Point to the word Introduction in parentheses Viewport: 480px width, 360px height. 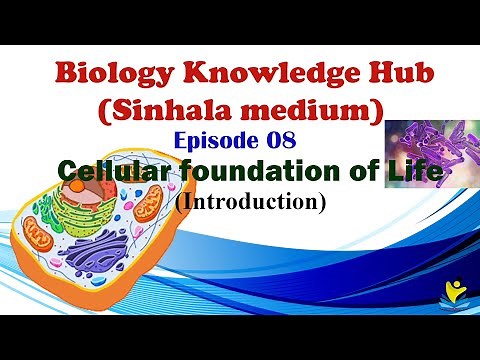coord(265,200)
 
